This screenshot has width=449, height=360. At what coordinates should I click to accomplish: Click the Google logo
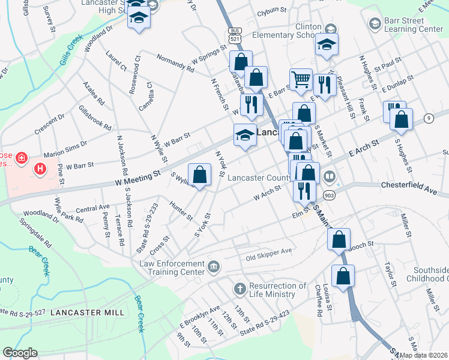pos(20,353)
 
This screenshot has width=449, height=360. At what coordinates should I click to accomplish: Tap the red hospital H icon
pos(40,169)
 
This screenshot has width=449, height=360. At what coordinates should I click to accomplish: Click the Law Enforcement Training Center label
pos(172,268)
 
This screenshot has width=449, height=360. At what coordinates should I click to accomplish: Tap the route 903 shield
pos(328,196)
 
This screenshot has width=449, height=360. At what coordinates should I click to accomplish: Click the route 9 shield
pos(429,118)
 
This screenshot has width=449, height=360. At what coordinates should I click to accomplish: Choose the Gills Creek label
pos(70,53)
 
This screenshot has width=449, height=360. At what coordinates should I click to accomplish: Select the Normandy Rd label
pos(175,65)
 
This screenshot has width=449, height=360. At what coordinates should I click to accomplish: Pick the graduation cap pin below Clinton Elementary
pos(327,45)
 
